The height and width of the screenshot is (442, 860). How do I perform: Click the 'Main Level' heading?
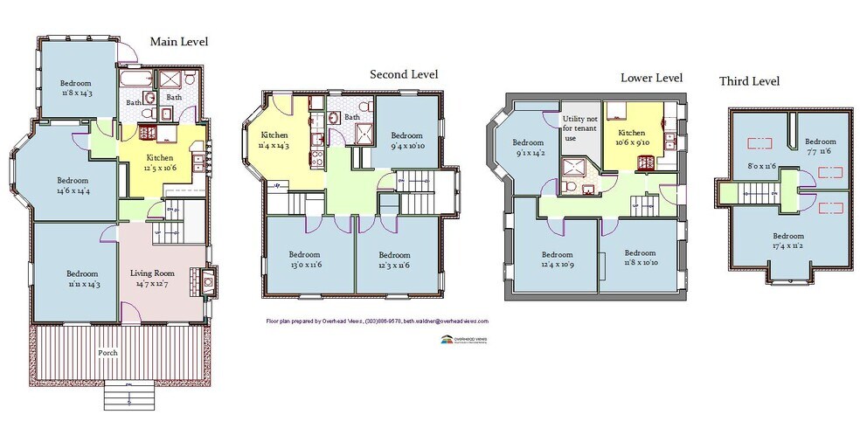178,41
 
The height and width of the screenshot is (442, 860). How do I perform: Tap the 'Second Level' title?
404,74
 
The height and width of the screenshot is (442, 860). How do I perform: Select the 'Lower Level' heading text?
651,77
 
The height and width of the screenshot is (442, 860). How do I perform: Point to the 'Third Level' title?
749,81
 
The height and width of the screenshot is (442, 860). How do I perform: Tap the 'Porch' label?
107,352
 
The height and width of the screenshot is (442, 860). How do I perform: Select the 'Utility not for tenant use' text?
579,128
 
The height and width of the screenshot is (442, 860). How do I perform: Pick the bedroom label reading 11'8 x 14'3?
77,86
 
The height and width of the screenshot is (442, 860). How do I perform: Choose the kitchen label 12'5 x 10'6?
160,162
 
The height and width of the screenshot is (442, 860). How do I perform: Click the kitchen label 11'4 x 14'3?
274,140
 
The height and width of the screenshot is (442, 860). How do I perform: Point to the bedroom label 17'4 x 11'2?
787,240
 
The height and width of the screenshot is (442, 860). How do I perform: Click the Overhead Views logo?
464,341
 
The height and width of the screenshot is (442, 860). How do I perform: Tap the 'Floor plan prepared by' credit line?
377,321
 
